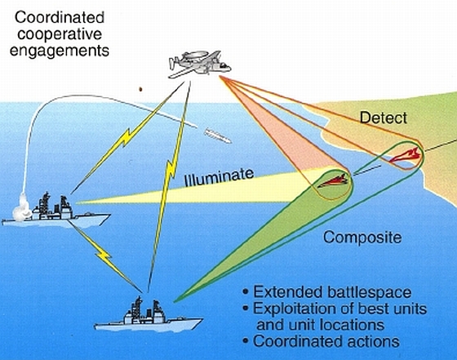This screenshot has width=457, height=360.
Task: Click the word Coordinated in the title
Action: tap(60, 17)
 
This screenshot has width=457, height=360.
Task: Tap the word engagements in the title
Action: tap(60, 51)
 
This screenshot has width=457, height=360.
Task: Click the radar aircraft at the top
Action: tap(200, 64)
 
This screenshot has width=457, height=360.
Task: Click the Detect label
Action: tap(384, 118)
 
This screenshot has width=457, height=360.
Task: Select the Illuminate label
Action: tap(220, 176)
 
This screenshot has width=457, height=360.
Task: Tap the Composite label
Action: tap(362, 238)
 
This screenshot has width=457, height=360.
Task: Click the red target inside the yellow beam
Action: tap(333, 181)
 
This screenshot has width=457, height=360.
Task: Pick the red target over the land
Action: tap(406, 155)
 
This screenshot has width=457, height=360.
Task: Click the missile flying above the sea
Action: tap(217, 136)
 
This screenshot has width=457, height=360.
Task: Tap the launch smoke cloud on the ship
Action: tap(23, 207)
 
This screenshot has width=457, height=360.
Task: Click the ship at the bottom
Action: tap(148, 316)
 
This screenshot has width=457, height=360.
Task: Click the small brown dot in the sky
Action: tap(140, 89)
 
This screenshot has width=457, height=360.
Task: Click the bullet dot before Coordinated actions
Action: tap(246, 340)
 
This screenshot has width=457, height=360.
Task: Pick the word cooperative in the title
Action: tap(60, 35)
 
